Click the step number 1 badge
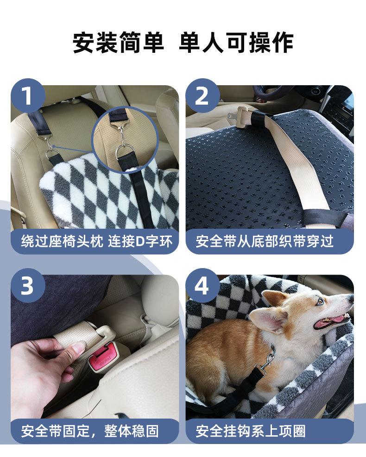pyautogui.click(x=28, y=95)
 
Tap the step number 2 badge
pyautogui.click(x=202, y=95)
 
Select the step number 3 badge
pyautogui.click(x=28, y=285)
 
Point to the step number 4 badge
pyautogui.click(x=202, y=285)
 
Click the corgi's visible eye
pyautogui.click(x=320, y=302)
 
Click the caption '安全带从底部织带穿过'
pyautogui.click(x=265, y=242)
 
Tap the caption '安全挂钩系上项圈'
pyautogui.click(x=251, y=431)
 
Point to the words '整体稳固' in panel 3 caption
pyautogui.click(x=132, y=431)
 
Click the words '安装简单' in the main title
pyautogui.click(x=118, y=43)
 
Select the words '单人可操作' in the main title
pyautogui.click(x=236, y=43)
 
